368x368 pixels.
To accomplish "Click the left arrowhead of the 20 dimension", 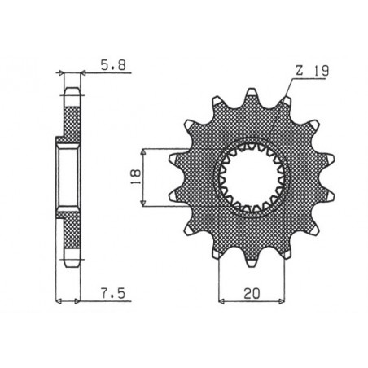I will tap(221, 299).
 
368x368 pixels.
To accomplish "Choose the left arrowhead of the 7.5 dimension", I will tap(57, 299).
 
